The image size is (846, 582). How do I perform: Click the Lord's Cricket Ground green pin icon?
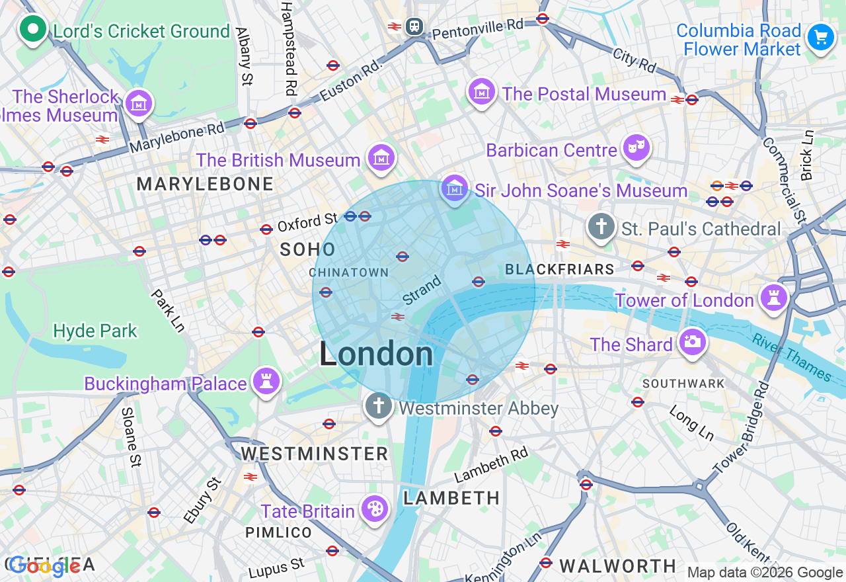tap(32, 29)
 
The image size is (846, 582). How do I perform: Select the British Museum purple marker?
tap(381, 158)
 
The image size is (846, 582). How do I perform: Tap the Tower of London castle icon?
tap(773, 298)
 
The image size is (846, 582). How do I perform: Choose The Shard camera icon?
tap(691, 343)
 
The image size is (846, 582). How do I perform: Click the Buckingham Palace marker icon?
tap(266, 382)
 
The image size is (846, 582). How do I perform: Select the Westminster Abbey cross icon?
tap(379, 406)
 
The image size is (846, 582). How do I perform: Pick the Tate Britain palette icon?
tap(374, 510)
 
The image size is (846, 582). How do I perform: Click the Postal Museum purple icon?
tap(482, 92)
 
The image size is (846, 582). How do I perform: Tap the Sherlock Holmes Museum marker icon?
tap(139, 104)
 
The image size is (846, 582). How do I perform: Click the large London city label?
tap(376, 354)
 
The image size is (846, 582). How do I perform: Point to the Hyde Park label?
tap(95, 331)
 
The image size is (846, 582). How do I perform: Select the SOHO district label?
tap(307, 249)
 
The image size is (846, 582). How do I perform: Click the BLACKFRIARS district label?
tap(559, 269)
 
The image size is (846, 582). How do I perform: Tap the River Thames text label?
tap(792, 356)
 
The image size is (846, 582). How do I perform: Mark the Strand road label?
tap(421, 290)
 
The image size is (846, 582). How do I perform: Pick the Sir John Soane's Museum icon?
tap(455, 189)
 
